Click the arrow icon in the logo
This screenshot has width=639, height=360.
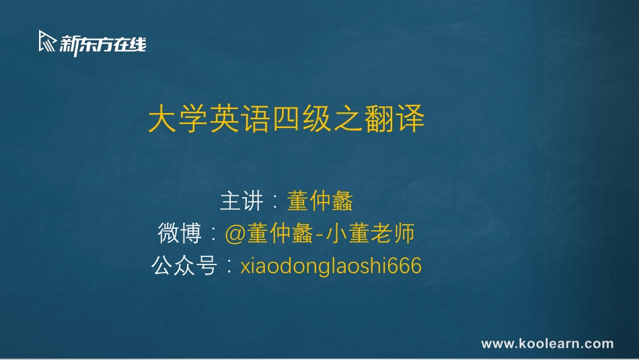point(48,42)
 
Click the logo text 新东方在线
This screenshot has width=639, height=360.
point(102,44)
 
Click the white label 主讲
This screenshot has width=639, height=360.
point(240,201)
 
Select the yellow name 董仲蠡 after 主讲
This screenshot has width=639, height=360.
point(320,201)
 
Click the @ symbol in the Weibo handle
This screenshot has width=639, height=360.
point(235,234)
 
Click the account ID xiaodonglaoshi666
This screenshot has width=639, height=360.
point(331,266)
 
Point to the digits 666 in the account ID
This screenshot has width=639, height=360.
point(407,266)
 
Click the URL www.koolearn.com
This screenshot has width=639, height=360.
point(547,344)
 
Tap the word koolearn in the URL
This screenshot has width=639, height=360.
point(548,344)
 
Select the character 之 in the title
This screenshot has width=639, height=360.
point(348,120)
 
